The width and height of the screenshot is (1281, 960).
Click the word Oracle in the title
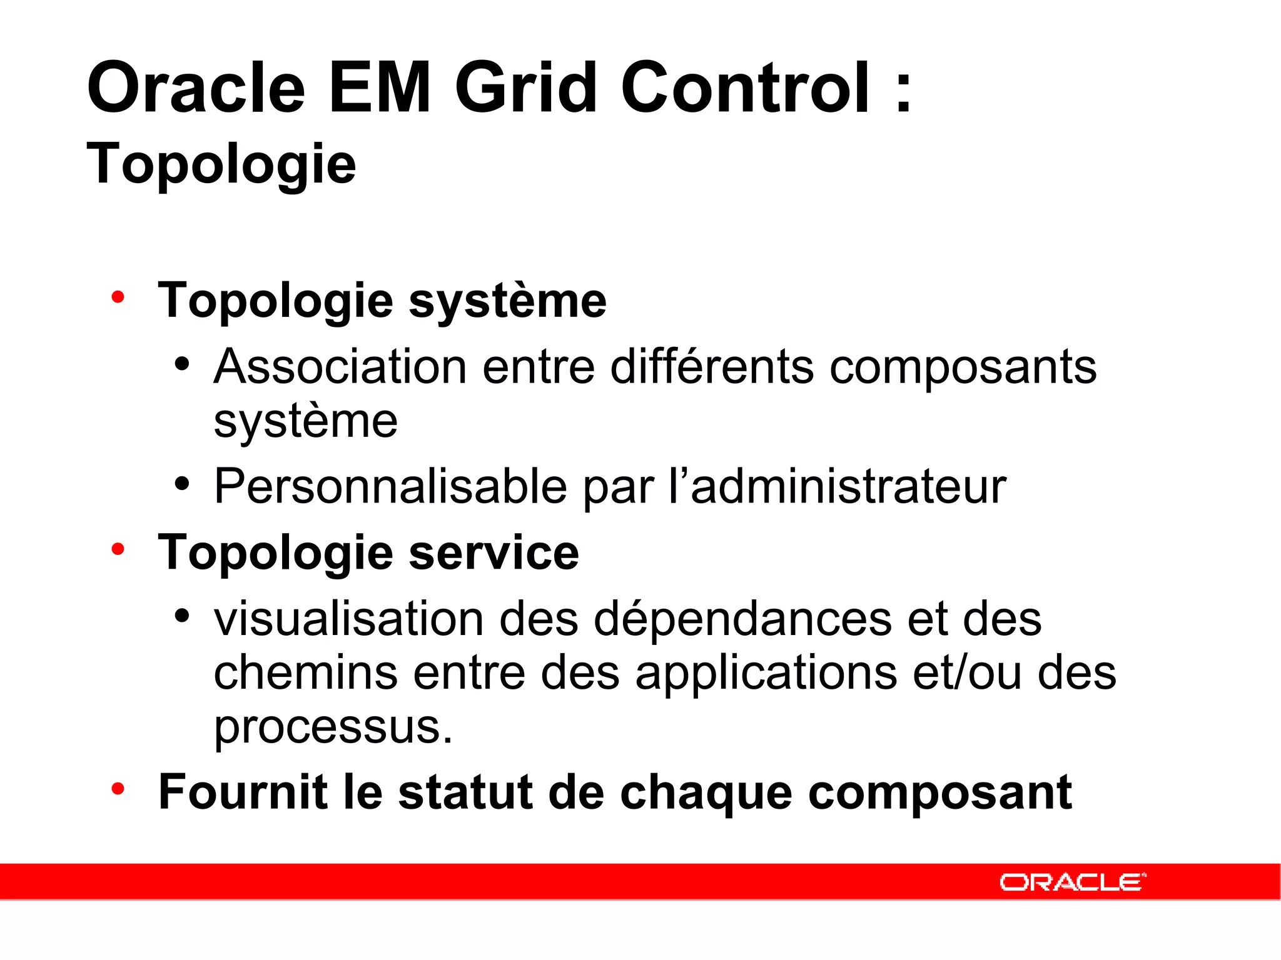tap(196, 88)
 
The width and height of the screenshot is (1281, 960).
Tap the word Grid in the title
tap(525, 88)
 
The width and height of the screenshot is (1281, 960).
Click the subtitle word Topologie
tap(221, 164)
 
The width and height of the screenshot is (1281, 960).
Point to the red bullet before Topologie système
tap(118, 297)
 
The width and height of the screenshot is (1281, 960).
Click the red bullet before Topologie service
tap(118, 549)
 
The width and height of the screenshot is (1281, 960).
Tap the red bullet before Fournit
tap(118, 789)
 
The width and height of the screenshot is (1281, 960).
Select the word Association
tap(340, 367)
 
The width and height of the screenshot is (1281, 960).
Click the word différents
tap(712, 367)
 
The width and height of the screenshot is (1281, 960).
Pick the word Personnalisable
tap(390, 487)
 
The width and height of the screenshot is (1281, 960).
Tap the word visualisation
tap(349, 619)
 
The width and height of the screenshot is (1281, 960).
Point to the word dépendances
tap(742, 619)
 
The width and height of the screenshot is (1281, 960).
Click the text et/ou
tap(967, 674)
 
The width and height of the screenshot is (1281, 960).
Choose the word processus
tap(333, 727)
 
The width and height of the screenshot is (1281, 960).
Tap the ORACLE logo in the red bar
tap(1072, 882)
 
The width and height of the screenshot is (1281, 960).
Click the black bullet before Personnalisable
tap(182, 483)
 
